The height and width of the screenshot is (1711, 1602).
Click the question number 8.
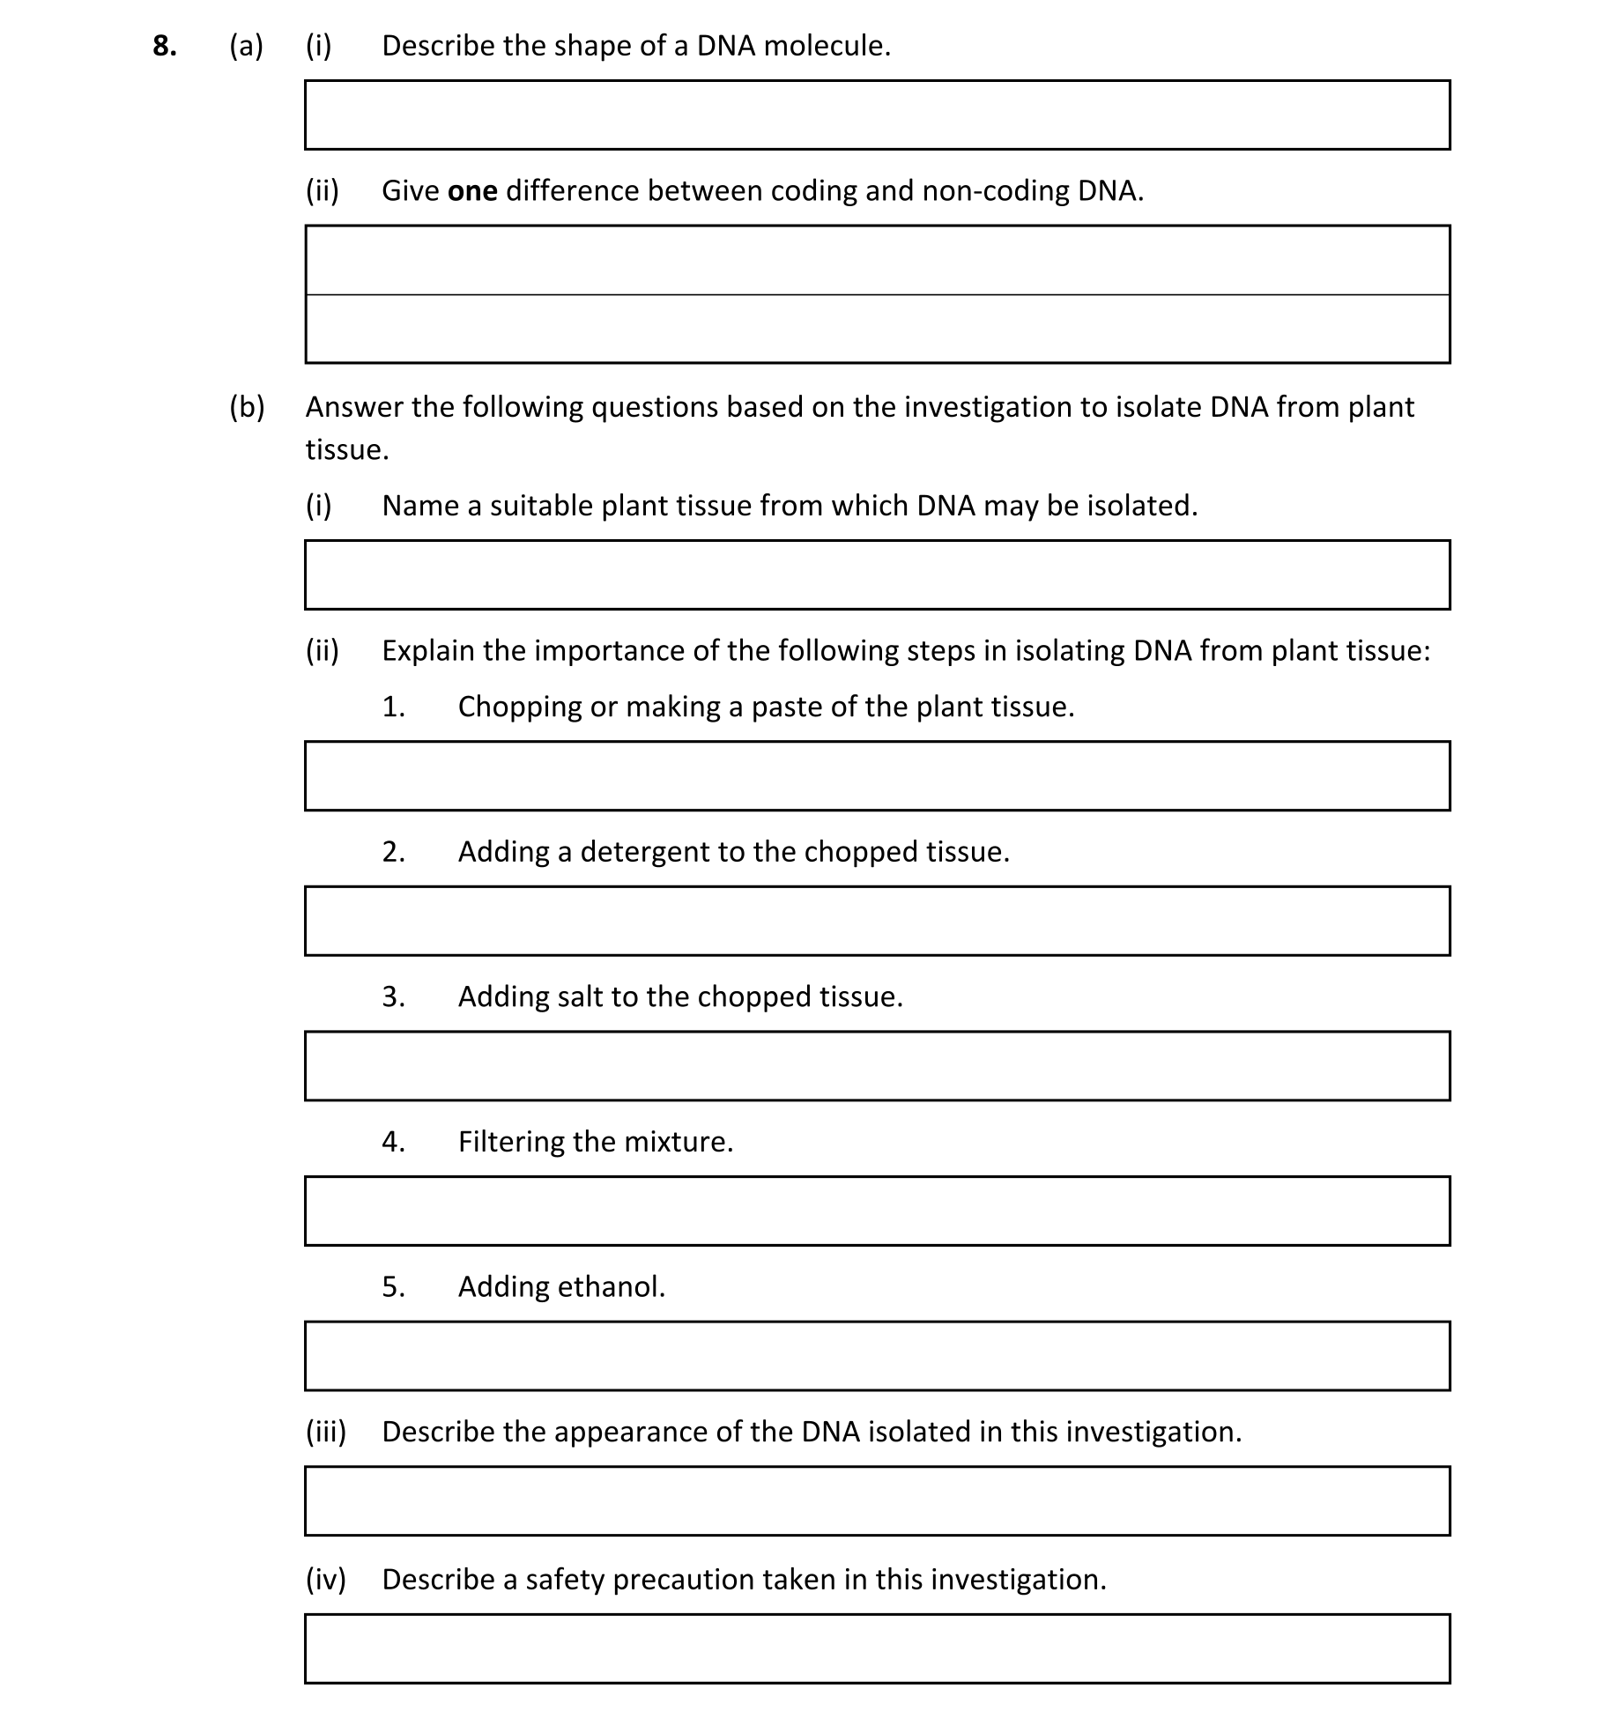(x=164, y=46)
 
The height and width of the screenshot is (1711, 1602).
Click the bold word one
(x=472, y=191)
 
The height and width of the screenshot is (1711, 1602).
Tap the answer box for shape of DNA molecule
(x=877, y=115)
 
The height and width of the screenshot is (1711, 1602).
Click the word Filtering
(x=511, y=1143)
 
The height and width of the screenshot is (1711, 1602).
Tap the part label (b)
(x=247, y=407)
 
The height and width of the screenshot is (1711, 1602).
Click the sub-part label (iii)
(x=325, y=1433)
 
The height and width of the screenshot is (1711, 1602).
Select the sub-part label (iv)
(x=325, y=1580)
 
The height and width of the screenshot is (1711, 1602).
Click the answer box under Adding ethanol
(x=877, y=1356)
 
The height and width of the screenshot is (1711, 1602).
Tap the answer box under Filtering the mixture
(x=877, y=1211)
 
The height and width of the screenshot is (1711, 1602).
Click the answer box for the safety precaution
(x=877, y=1649)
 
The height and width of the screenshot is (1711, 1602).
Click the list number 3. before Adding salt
(x=393, y=997)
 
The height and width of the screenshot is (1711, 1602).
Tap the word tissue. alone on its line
(x=346, y=450)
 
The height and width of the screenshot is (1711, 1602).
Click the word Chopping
(x=520, y=707)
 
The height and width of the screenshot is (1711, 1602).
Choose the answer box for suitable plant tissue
(x=877, y=575)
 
